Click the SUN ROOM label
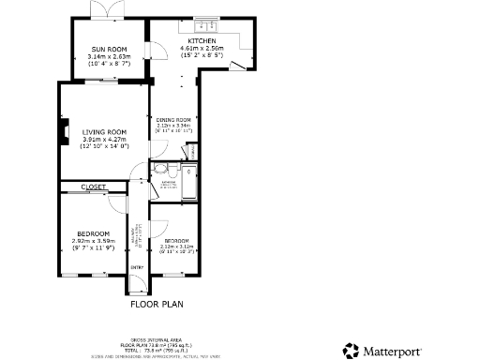[109, 49]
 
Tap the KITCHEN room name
[202, 42]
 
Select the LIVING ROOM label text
[104, 132]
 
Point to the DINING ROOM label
[173, 120]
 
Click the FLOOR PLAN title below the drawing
[157, 304]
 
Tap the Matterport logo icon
[351, 350]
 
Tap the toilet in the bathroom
[160, 169]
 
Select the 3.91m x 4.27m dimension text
[104, 140]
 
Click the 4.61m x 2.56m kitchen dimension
[202, 49]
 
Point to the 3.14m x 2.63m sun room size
[109, 56]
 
